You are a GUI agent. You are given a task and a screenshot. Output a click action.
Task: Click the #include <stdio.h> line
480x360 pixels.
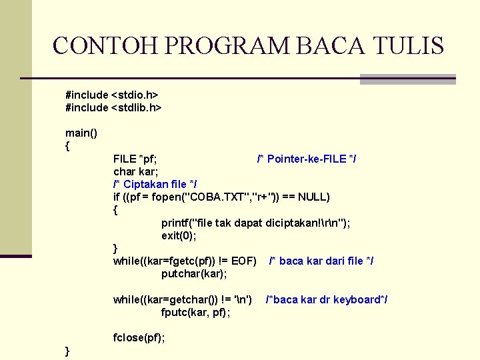tap(111, 95)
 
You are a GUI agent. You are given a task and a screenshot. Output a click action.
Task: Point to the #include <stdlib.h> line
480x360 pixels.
tap(113, 107)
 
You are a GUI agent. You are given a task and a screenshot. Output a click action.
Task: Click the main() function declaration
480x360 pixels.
tap(81, 133)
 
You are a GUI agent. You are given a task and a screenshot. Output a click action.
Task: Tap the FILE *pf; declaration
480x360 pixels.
tap(135, 159)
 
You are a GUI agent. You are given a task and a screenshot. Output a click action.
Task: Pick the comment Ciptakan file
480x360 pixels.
tap(155, 184)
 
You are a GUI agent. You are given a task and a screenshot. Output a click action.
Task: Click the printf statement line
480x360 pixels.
tap(255, 223)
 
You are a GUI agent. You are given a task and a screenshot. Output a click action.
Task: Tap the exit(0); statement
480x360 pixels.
tap(179, 235)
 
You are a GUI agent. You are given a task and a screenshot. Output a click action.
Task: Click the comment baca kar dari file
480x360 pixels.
tap(321, 261)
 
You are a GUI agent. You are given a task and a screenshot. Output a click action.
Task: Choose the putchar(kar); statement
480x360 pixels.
tap(194, 274)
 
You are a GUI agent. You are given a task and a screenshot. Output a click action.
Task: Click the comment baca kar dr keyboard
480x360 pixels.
tap(326, 300)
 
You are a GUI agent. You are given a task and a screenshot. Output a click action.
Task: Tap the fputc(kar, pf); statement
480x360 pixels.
tap(196, 312)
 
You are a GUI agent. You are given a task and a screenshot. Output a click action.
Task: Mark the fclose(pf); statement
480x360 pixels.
tap(139, 337)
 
